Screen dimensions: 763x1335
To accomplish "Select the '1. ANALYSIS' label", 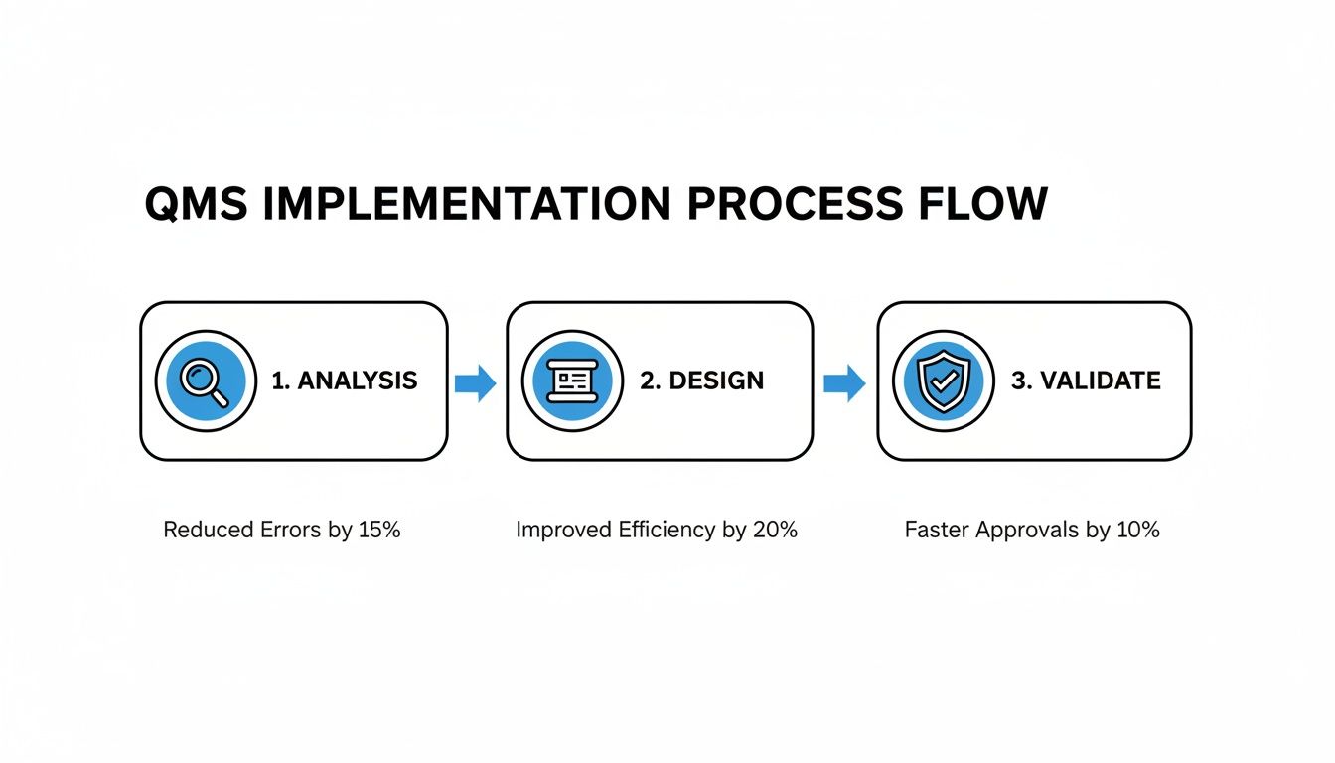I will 345,381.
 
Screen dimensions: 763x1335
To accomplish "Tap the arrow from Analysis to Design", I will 476,382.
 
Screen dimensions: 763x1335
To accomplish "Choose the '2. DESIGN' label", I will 701,381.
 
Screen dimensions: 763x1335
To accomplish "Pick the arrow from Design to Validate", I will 844,382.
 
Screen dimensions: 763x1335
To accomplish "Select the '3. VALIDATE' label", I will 1086,381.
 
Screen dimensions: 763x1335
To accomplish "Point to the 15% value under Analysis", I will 378,531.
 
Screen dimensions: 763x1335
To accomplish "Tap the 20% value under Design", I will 774,531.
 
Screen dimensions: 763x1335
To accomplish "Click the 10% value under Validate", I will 1137,531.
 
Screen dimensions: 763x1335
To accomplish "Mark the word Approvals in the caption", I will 1026,531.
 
